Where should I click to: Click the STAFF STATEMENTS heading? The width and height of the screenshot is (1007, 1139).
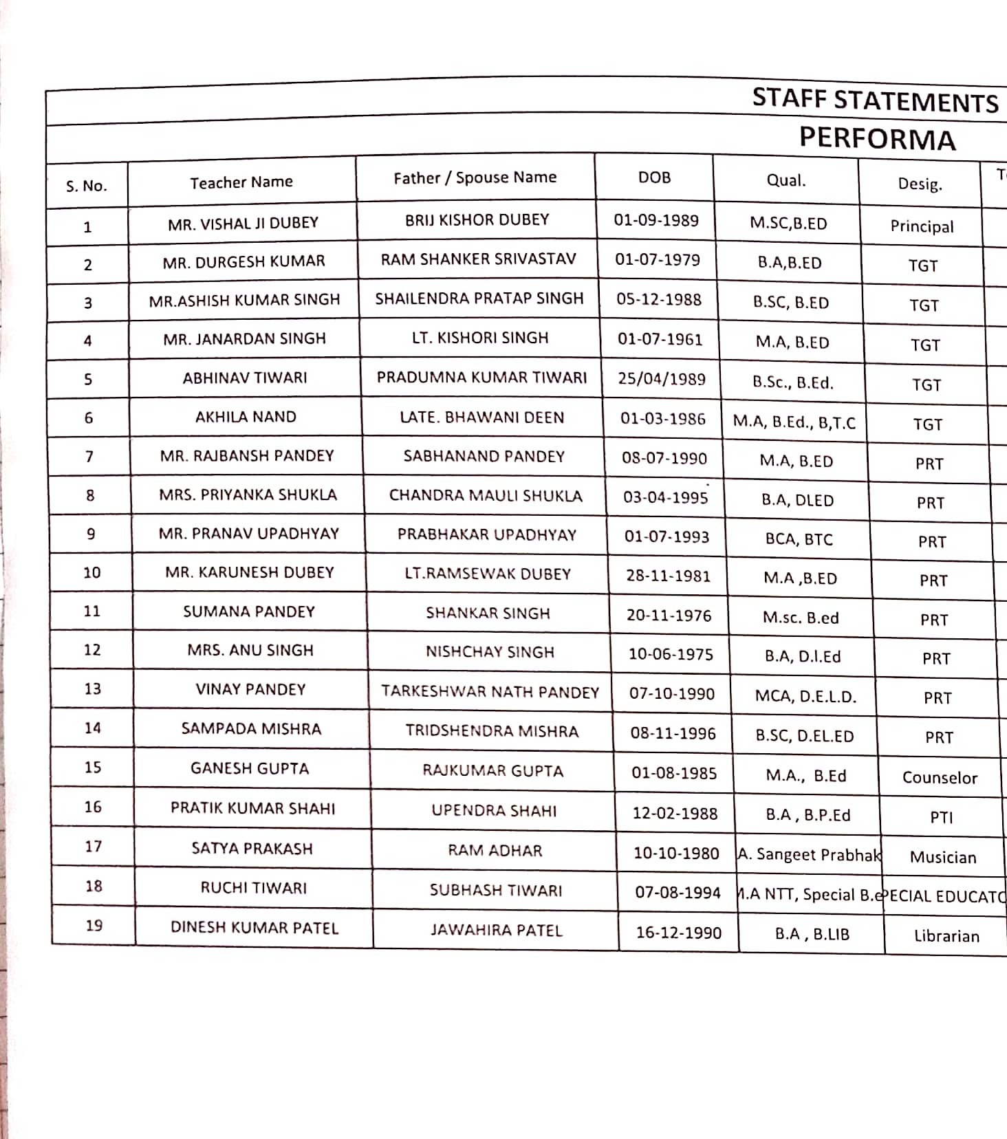874,100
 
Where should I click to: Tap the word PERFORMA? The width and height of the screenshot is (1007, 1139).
877,139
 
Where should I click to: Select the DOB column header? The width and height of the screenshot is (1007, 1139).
654,177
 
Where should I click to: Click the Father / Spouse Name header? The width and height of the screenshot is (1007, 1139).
475,177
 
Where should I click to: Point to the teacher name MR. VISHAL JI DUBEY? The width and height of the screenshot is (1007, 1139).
243,223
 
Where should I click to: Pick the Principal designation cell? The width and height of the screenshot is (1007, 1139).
922,226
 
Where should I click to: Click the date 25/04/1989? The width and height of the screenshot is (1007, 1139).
661,379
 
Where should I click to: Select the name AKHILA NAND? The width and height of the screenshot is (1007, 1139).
246,417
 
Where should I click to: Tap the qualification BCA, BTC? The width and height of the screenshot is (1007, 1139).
799,539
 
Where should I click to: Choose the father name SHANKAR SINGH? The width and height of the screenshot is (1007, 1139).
488,613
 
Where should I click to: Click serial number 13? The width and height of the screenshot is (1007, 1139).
92,688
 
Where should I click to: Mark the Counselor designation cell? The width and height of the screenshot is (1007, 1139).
940,777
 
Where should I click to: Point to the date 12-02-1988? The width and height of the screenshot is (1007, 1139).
675,813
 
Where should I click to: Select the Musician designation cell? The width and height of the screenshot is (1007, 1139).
942,857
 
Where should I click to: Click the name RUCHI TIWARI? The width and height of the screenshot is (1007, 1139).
253,888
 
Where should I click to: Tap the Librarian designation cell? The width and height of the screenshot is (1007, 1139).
946,936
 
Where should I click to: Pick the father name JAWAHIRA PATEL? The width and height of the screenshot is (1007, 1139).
496,931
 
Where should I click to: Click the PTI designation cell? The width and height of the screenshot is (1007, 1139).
941,817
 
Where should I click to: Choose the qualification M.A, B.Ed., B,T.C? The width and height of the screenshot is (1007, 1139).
794,422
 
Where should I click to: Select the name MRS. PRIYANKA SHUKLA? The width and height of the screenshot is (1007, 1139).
248,495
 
